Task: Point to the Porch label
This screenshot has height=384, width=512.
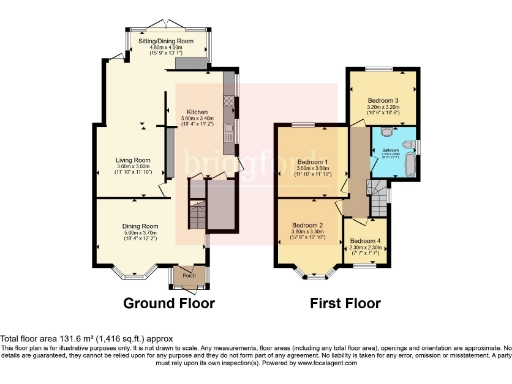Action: tap(188, 273)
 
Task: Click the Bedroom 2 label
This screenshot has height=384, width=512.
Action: tap(308, 225)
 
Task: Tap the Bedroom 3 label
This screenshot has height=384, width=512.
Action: tap(382, 102)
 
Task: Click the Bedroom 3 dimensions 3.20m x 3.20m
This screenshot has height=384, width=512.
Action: tap(382, 110)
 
